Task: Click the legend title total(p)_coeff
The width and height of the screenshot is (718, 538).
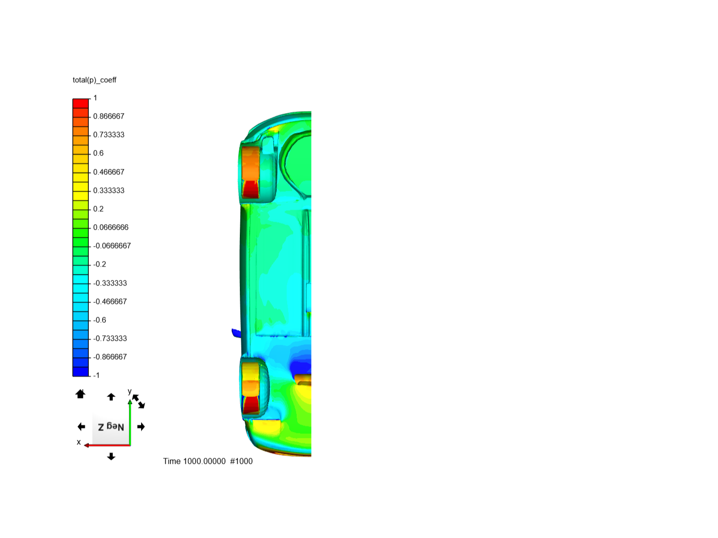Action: (x=94, y=80)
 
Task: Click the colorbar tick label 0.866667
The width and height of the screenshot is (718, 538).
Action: (x=109, y=116)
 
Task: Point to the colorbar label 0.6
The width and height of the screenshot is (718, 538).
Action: (x=98, y=153)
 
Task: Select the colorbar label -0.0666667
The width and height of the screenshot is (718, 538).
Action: (x=112, y=246)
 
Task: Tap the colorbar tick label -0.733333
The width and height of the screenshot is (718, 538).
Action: (x=110, y=338)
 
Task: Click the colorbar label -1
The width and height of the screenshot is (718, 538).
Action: (x=96, y=375)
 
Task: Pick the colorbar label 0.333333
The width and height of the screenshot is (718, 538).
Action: (x=109, y=190)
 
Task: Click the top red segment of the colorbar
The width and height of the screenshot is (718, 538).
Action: (x=80, y=103)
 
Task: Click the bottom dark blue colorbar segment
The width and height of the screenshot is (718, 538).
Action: (x=80, y=372)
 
